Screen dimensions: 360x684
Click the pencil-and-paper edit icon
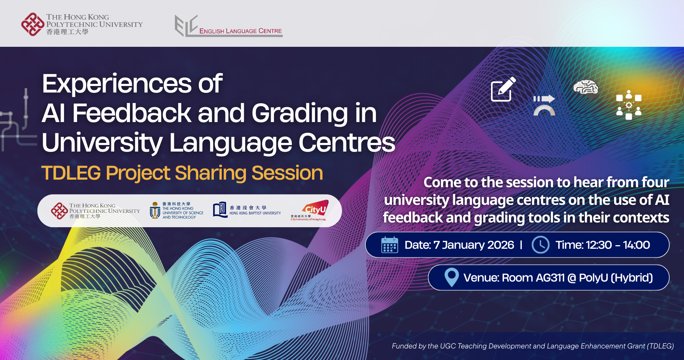coord(503,89)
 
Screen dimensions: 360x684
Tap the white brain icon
coord(586,87)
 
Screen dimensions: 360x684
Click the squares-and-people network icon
coord(629,105)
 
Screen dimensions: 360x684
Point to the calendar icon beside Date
coord(390,245)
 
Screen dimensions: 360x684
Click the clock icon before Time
coord(540,245)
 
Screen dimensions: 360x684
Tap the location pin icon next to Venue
coord(451,277)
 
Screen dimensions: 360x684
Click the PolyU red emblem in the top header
coord(32,24)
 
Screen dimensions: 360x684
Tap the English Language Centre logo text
coord(240,31)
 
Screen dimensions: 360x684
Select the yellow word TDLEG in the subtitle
coord(71,173)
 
